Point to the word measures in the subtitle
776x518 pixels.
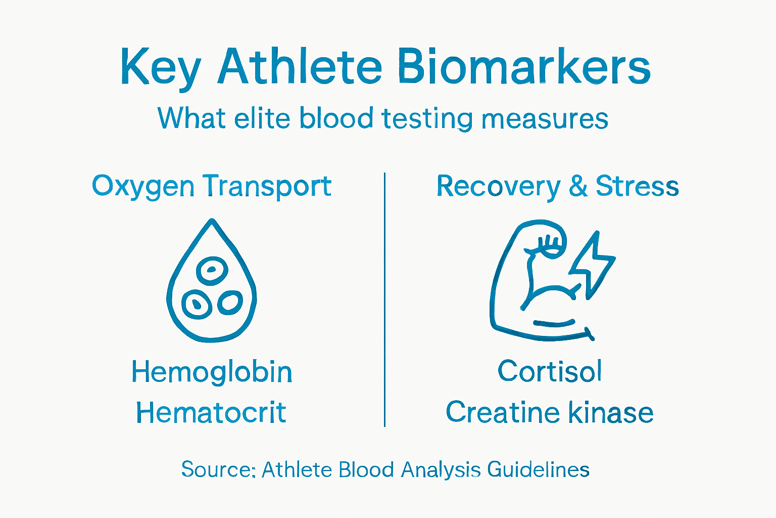coord(544,119)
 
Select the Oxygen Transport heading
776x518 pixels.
coord(211,186)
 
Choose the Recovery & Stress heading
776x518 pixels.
coord(557,186)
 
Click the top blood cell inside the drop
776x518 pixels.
coord(212,270)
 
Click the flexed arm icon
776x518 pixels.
coord(536,283)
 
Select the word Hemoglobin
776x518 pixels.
coord(212,372)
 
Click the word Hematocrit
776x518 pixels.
coord(211,413)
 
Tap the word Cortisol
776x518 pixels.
coord(550,371)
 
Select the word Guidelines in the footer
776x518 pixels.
coord(538,469)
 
